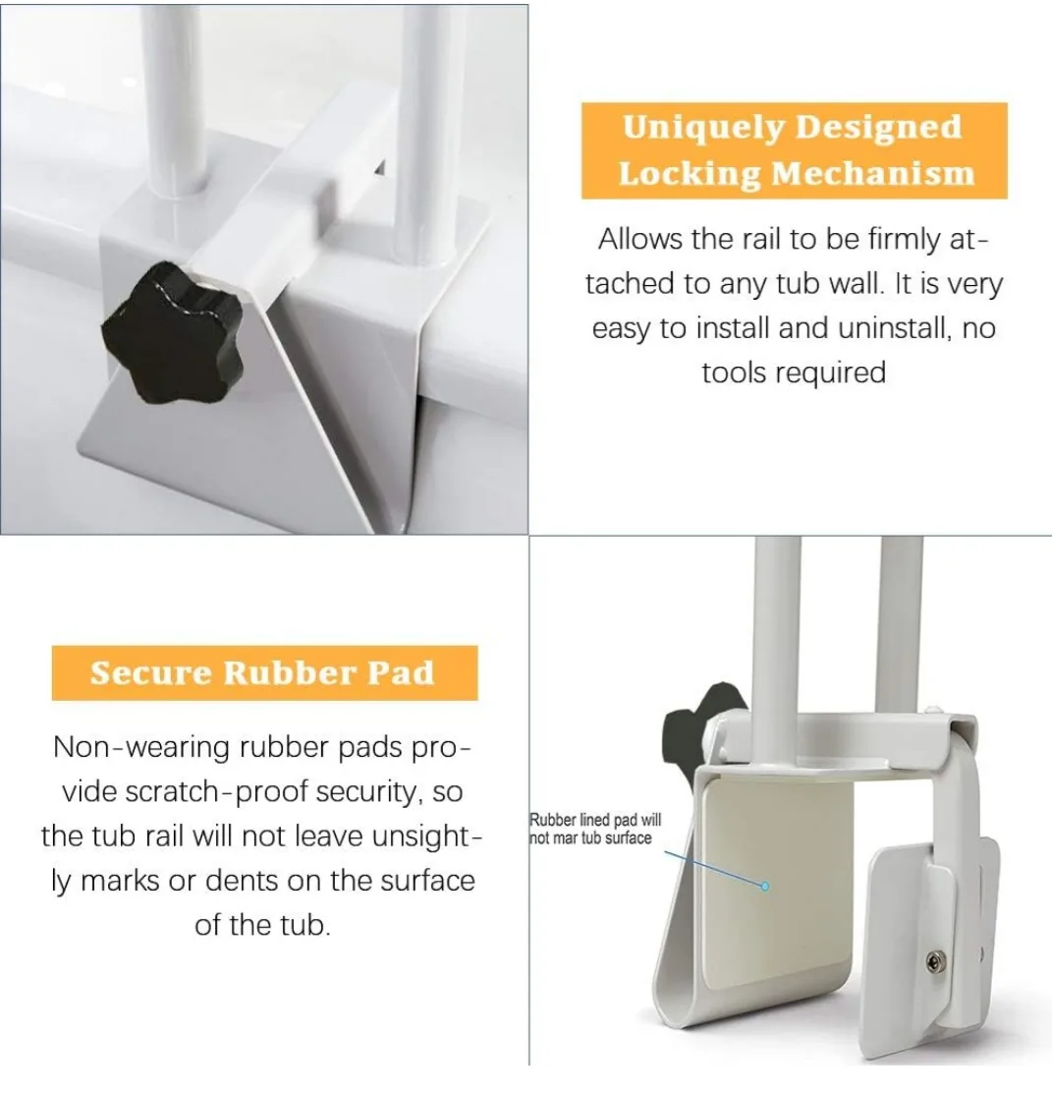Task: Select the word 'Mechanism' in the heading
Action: click(871, 174)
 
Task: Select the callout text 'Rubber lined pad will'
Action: click(596, 821)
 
